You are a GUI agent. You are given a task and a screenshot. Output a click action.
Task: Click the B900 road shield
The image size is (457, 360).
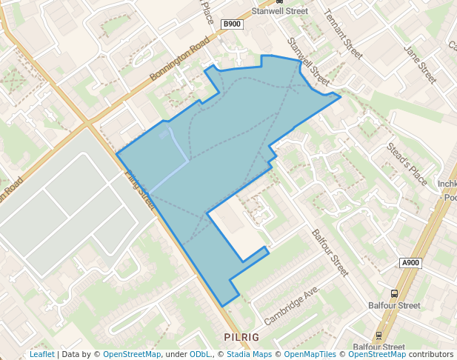pos(233,24)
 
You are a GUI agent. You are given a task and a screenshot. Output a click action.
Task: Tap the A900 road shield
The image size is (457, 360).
pos(411,263)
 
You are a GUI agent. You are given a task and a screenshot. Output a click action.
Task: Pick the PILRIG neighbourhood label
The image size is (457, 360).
pos(241,337)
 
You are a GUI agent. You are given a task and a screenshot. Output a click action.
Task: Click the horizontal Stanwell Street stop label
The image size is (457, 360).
pos(279,11)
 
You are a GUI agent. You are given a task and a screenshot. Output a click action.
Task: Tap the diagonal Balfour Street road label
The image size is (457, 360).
pos(330,253)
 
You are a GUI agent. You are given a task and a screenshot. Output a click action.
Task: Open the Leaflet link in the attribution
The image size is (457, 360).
pos(41,354)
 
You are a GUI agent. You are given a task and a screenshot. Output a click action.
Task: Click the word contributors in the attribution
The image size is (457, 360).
pos(431,354)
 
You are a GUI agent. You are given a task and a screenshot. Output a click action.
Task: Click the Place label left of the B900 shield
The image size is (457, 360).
pos(208,12)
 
